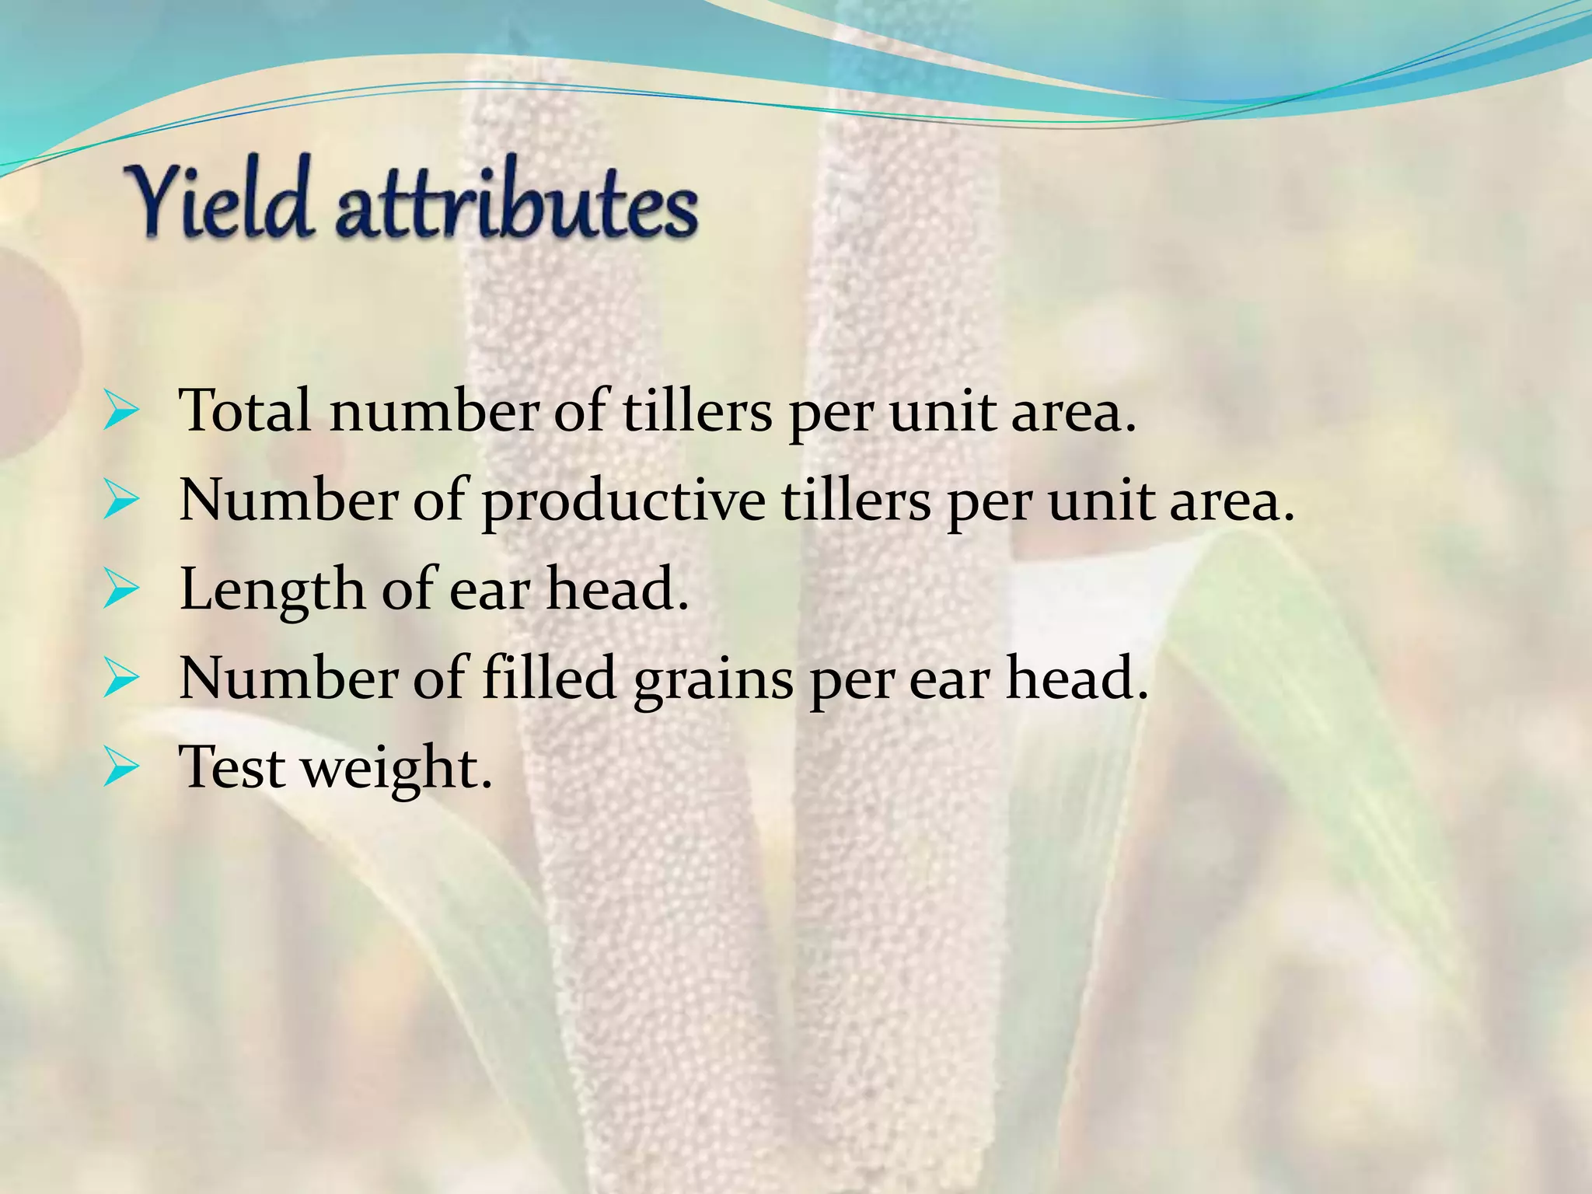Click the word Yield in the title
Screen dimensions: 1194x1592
coord(222,198)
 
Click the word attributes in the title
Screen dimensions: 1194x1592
coord(516,204)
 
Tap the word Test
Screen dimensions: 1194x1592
coord(232,767)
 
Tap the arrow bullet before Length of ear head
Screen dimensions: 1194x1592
coord(120,592)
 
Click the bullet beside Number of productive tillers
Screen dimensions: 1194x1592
coord(120,502)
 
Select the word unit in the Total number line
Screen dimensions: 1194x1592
coord(941,410)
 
